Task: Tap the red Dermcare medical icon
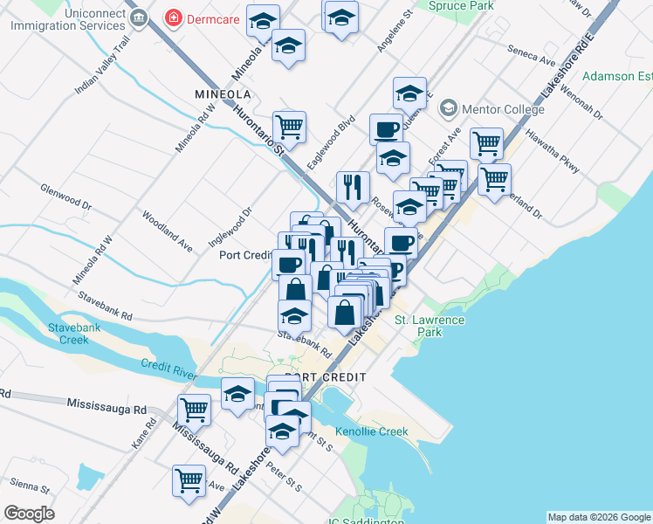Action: click(175, 17)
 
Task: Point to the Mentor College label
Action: click(503, 109)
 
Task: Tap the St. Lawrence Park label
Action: click(430, 327)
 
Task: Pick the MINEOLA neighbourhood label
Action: click(222, 93)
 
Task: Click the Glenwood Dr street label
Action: click(65, 196)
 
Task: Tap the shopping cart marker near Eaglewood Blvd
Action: click(289, 128)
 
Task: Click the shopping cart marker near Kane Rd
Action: click(193, 409)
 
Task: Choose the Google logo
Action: click(30, 514)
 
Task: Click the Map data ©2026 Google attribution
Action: click(599, 517)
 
